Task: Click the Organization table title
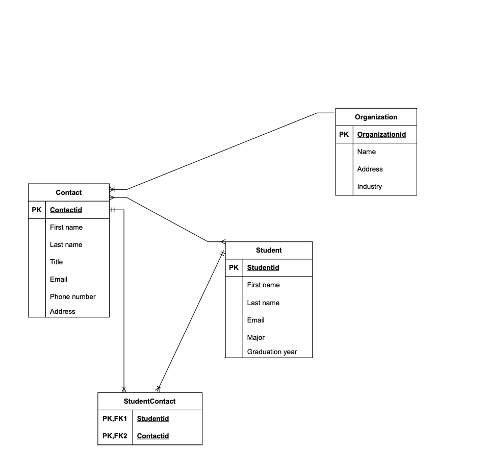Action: click(376, 117)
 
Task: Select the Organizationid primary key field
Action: click(381, 134)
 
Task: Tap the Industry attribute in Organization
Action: click(369, 186)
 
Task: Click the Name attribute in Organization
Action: click(366, 152)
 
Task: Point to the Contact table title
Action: click(68, 192)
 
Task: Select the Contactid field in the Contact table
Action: click(66, 210)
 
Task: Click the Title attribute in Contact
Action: click(56, 262)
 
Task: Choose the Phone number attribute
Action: click(72, 296)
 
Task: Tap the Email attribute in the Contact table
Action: click(58, 279)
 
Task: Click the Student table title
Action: click(268, 250)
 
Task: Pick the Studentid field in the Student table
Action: click(263, 267)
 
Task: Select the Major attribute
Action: click(255, 337)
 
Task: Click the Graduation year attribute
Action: click(272, 352)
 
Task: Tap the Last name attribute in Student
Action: click(263, 303)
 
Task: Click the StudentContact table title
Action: click(149, 401)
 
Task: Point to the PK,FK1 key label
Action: click(115, 418)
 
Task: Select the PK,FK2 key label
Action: click(115, 436)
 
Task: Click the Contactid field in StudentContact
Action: click(152, 436)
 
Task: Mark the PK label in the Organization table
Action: click(344, 134)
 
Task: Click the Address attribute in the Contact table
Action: click(62, 311)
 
